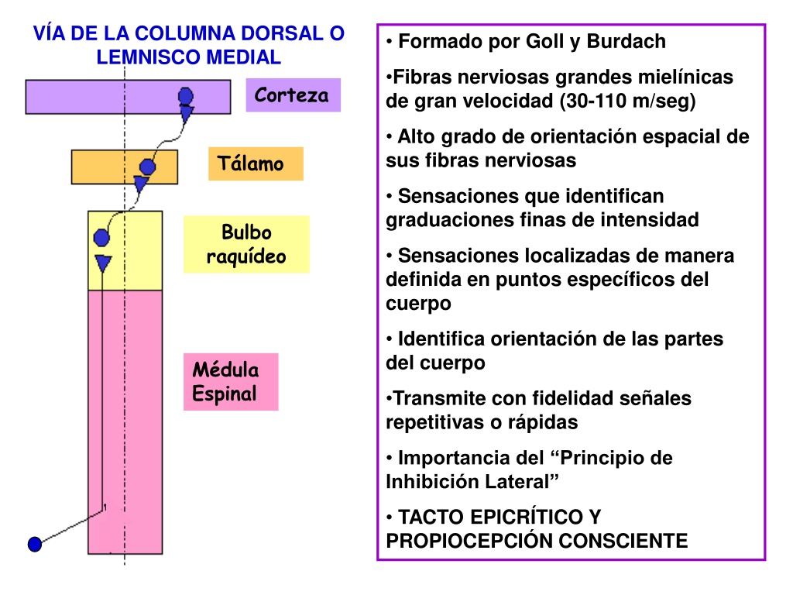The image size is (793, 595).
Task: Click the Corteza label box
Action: point(294,95)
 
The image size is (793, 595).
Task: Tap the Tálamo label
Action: point(256,164)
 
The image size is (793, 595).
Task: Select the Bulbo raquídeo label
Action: point(246,244)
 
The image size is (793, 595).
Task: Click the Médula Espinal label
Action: point(231,382)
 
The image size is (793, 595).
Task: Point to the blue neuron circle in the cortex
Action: point(186,95)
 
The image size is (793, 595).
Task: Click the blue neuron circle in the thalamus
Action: point(147,167)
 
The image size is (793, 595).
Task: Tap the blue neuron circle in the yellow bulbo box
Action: point(101,237)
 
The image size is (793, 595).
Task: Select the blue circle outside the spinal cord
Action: point(34,545)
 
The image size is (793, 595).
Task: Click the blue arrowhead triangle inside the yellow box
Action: point(103,263)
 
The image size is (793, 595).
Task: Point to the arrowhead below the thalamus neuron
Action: point(141,183)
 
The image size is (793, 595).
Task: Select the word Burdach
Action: point(626,42)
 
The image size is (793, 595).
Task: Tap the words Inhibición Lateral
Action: point(472,482)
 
